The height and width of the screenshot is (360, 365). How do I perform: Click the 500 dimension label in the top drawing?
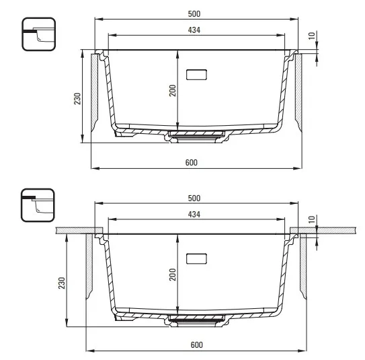point(194,13)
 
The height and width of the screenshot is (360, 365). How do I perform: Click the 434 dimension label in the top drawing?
point(194,30)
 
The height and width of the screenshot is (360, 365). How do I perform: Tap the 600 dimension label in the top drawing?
point(192,162)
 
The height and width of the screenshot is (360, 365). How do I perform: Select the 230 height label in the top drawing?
point(77,98)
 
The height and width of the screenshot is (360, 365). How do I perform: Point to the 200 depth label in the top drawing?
point(173,90)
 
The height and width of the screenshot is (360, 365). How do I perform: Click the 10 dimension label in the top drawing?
point(312,36)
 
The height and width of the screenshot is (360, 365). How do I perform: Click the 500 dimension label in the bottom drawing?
point(194,198)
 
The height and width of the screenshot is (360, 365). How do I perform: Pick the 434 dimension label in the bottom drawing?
point(194,215)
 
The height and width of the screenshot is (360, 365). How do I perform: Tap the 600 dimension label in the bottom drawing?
point(197,345)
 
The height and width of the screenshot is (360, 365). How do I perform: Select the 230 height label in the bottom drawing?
point(61,283)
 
